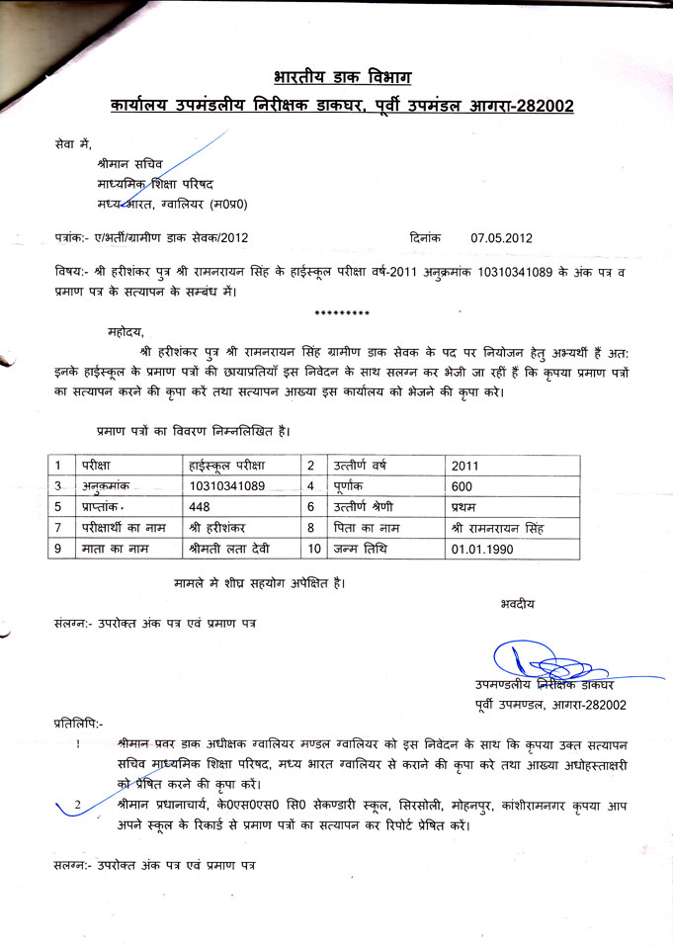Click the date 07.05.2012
502,237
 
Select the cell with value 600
462,486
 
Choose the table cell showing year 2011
463,466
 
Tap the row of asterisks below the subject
341,313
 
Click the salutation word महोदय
126,330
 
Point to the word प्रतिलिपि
77,725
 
